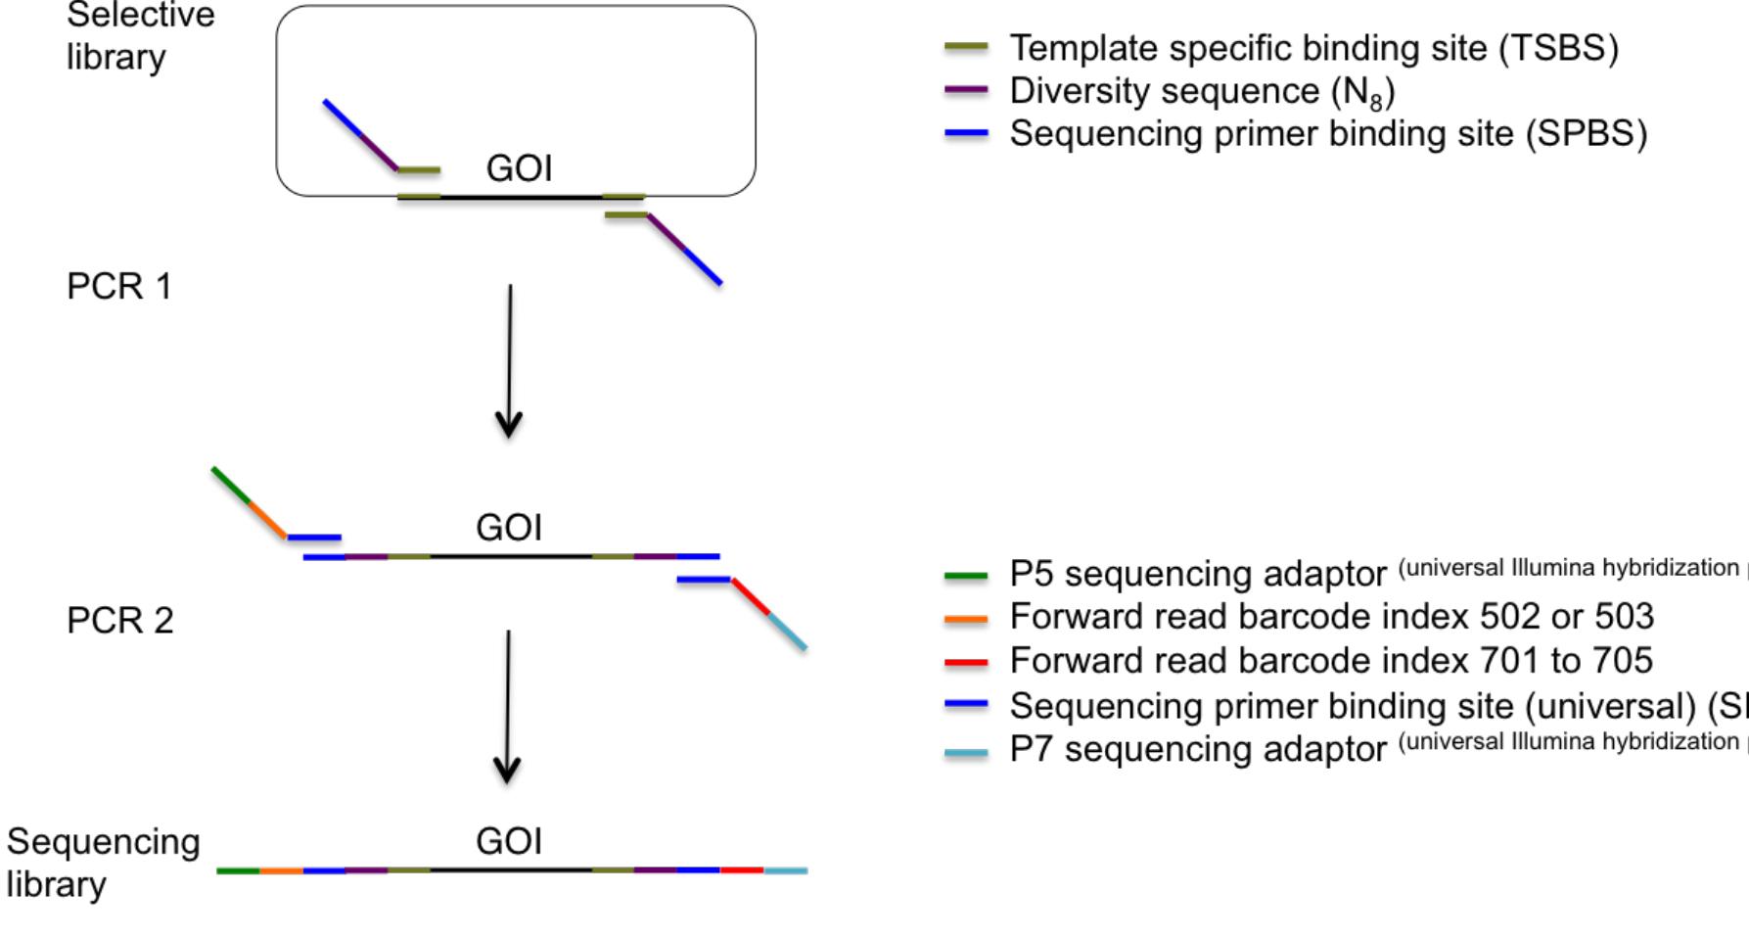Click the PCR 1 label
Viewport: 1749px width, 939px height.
click(119, 286)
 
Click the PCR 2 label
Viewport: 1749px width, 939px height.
click(119, 620)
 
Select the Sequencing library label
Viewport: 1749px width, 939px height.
click(103, 863)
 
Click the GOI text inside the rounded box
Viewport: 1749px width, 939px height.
click(519, 168)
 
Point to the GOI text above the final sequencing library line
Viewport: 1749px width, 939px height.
click(508, 841)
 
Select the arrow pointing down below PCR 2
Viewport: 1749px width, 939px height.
click(507, 705)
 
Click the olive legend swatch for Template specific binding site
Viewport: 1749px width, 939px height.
click(965, 47)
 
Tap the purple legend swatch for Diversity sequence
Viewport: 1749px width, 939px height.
click(965, 90)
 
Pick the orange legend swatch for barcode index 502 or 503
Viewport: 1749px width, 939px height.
click(965, 618)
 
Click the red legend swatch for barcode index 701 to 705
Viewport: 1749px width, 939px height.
click(965, 662)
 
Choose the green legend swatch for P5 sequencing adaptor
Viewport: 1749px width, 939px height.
click(965, 576)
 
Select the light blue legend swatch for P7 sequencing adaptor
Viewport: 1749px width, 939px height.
click(965, 753)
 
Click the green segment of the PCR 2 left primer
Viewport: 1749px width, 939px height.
click(231, 486)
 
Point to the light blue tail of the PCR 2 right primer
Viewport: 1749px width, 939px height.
click(787, 632)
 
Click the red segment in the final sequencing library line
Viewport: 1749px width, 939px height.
click(742, 869)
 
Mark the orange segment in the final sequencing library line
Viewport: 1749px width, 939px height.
click(281, 869)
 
